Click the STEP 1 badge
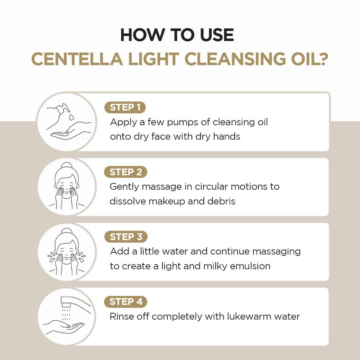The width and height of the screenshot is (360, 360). pos(125,107)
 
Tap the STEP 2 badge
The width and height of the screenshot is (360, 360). pos(125,172)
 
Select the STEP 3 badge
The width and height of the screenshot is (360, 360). pos(126,237)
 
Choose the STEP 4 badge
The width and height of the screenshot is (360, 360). pos(126,302)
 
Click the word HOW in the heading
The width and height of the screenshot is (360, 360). pos(138,35)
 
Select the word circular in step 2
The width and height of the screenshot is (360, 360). pos(211,186)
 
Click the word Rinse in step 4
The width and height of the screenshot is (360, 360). pos(121,316)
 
